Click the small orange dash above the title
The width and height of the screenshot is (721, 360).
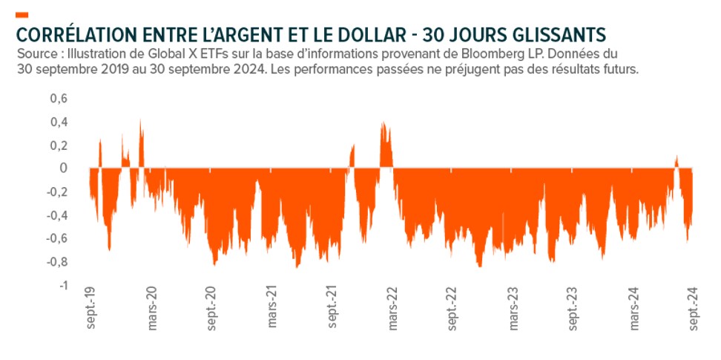22,15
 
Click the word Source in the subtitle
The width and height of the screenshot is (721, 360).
35,55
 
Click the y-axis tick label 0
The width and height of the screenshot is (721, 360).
65,168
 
